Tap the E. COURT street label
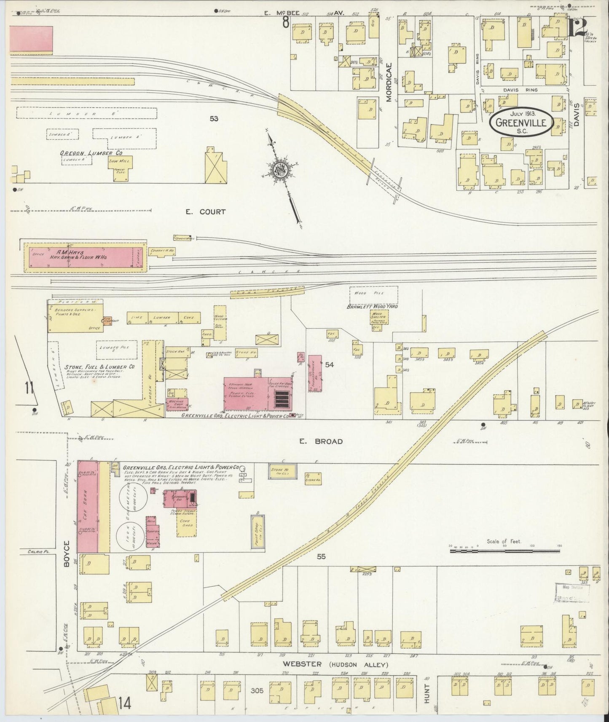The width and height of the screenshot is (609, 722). pos(206,212)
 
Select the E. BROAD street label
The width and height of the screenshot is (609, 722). pos(327,441)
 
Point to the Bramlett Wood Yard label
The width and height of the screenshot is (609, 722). pos(373,306)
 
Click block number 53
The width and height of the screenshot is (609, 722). pos(214,119)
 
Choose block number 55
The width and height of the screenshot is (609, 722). pos(321,556)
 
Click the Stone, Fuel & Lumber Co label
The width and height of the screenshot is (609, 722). pos(99,367)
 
